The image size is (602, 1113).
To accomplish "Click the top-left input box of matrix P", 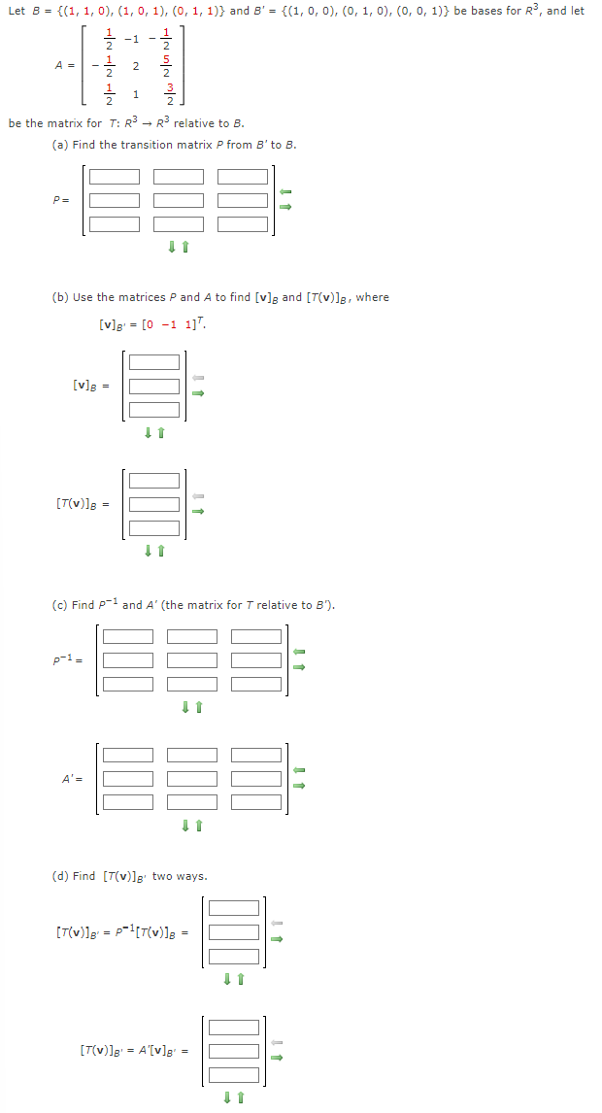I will (115, 177).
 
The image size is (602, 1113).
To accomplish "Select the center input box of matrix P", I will (179, 200).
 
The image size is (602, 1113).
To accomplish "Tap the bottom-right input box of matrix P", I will (243, 223).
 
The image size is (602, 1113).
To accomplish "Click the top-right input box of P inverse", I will (256, 636).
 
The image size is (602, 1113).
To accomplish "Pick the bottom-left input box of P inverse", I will (128, 683).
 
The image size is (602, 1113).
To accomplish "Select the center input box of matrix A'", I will (192, 779).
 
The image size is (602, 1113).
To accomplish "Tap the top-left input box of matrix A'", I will (128, 756).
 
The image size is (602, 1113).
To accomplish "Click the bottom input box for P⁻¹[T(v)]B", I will (234, 955).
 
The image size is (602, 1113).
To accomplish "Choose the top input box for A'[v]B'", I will (234, 1028).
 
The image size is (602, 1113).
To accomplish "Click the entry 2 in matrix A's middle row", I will (136, 66).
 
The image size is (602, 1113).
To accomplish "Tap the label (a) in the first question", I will (59, 145).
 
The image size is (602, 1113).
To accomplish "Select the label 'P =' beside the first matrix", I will (60, 201).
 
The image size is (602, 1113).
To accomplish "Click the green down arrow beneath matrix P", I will (172, 248).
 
